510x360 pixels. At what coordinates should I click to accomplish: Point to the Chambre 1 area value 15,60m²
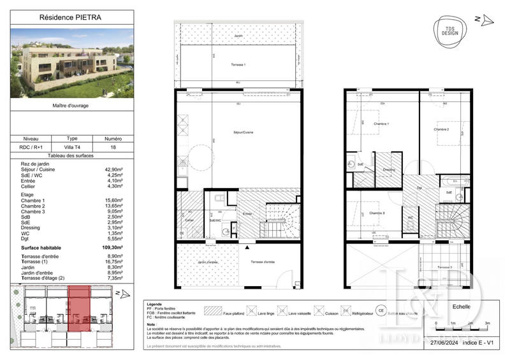114,200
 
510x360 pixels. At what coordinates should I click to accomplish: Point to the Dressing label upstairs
387,169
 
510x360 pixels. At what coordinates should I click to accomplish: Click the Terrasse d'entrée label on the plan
263,262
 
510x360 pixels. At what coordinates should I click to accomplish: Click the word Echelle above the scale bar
461,306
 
